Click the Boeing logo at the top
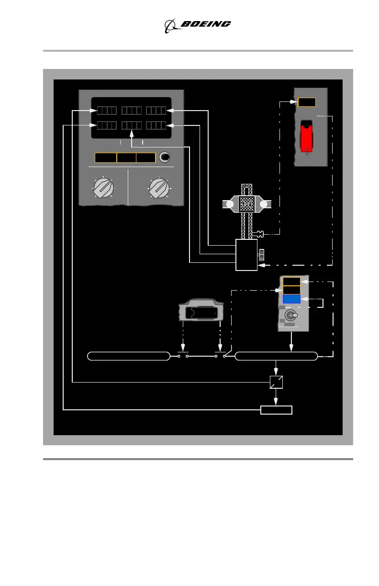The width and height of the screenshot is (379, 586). coord(198,25)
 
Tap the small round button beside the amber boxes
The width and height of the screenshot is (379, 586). coord(165,157)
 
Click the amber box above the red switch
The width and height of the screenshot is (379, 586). coord(307,102)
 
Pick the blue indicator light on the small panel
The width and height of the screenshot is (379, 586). coord(291,299)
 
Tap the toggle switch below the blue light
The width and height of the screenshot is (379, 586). coord(290,316)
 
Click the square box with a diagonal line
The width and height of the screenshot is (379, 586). coord(276,382)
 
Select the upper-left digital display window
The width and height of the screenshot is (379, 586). coord(107,111)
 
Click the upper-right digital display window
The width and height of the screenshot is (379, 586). coord(156,111)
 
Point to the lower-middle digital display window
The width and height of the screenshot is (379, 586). coord(131,125)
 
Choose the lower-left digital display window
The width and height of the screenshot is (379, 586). coord(107,125)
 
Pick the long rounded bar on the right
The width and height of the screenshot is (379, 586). coord(277,356)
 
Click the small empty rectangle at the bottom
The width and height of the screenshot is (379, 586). coord(276,410)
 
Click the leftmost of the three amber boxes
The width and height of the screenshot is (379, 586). coord(106,158)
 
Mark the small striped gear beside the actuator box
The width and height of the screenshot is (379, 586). coord(261,255)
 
